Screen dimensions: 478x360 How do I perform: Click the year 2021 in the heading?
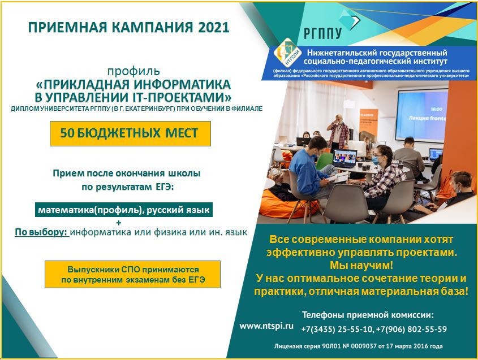tap(213, 27)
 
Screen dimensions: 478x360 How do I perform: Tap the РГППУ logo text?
tap(323, 33)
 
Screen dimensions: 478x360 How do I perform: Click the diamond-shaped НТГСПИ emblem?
tap(287, 52)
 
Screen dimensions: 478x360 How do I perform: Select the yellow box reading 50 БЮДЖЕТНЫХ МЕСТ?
tap(130, 133)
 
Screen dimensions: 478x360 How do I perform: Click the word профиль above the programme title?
tap(134, 71)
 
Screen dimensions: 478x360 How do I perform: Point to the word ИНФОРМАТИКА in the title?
tap(182, 84)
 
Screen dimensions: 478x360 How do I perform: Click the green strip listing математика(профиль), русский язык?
tap(124, 210)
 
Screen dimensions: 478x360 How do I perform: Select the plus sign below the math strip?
tap(119, 223)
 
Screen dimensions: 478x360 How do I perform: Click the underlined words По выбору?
tap(42, 232)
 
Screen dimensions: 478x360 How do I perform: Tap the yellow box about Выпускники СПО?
tap(132, 275)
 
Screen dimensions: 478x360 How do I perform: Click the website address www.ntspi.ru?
tap(266, 326)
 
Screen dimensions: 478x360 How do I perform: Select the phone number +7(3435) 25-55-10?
tap(337, 329)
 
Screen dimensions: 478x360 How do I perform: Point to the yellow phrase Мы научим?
tap(361, 265)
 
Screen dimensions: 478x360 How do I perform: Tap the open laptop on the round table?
tap(344, 158)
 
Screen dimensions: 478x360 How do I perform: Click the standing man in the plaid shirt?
tap(338, 133)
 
